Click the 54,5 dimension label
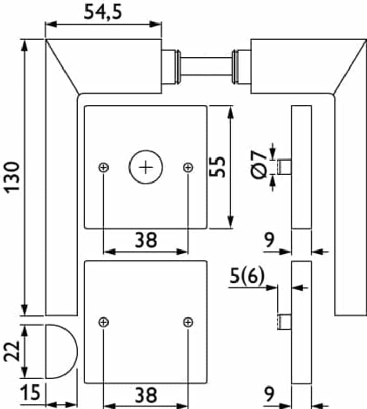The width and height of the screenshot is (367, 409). point(103,12)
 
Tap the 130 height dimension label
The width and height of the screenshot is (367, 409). point(12,177)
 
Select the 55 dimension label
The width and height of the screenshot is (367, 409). point(218,167)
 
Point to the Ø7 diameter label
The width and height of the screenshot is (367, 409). point(259,165)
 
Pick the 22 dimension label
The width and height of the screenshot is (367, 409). point(12,351)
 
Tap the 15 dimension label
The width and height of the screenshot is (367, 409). point(30,392)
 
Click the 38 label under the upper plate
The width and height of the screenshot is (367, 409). point(146,240)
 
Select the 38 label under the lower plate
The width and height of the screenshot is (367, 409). point(146,395)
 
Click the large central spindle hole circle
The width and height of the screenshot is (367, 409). point(146,167)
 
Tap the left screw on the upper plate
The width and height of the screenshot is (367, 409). point(104,167)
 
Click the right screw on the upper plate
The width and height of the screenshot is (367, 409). point(188,167)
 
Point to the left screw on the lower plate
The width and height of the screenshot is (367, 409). point(104,322)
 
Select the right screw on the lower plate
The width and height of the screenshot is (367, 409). point(188,322)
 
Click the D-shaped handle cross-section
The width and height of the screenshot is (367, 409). point(61,351)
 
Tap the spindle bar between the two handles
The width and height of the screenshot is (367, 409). point(206,66)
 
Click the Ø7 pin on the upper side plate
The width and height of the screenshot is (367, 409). point(284,167)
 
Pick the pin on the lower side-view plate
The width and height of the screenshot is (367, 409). point(284,322)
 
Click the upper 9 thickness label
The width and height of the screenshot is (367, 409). point(269,240)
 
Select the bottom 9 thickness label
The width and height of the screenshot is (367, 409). point(269,394)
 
